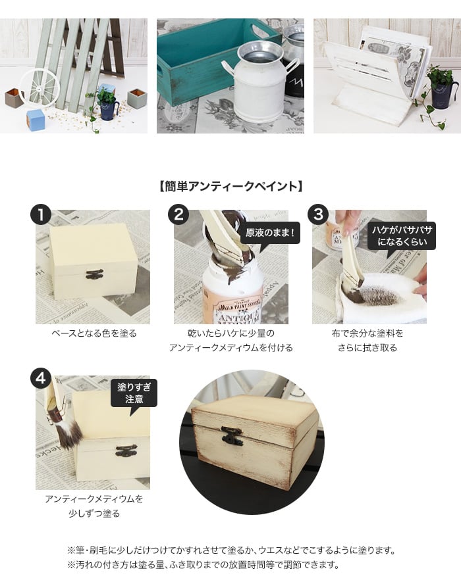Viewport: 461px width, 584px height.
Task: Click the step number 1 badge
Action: point(41,214)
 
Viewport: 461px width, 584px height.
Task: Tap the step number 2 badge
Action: point(178,214)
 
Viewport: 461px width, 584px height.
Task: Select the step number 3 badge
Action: point(318,214)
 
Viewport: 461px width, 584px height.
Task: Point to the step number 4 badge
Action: point(41,379)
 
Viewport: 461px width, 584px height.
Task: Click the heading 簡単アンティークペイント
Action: point(230,186)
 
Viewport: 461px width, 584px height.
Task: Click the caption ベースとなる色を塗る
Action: point(94,333)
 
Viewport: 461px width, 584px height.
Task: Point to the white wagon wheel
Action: point(40,87)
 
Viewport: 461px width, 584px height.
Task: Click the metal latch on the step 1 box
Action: point(94,275)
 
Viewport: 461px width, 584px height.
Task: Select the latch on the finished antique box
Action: point(232,435)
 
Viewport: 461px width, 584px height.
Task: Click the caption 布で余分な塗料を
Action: point(367,333)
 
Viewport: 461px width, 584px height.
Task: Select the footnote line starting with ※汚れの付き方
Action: point(203,565)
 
